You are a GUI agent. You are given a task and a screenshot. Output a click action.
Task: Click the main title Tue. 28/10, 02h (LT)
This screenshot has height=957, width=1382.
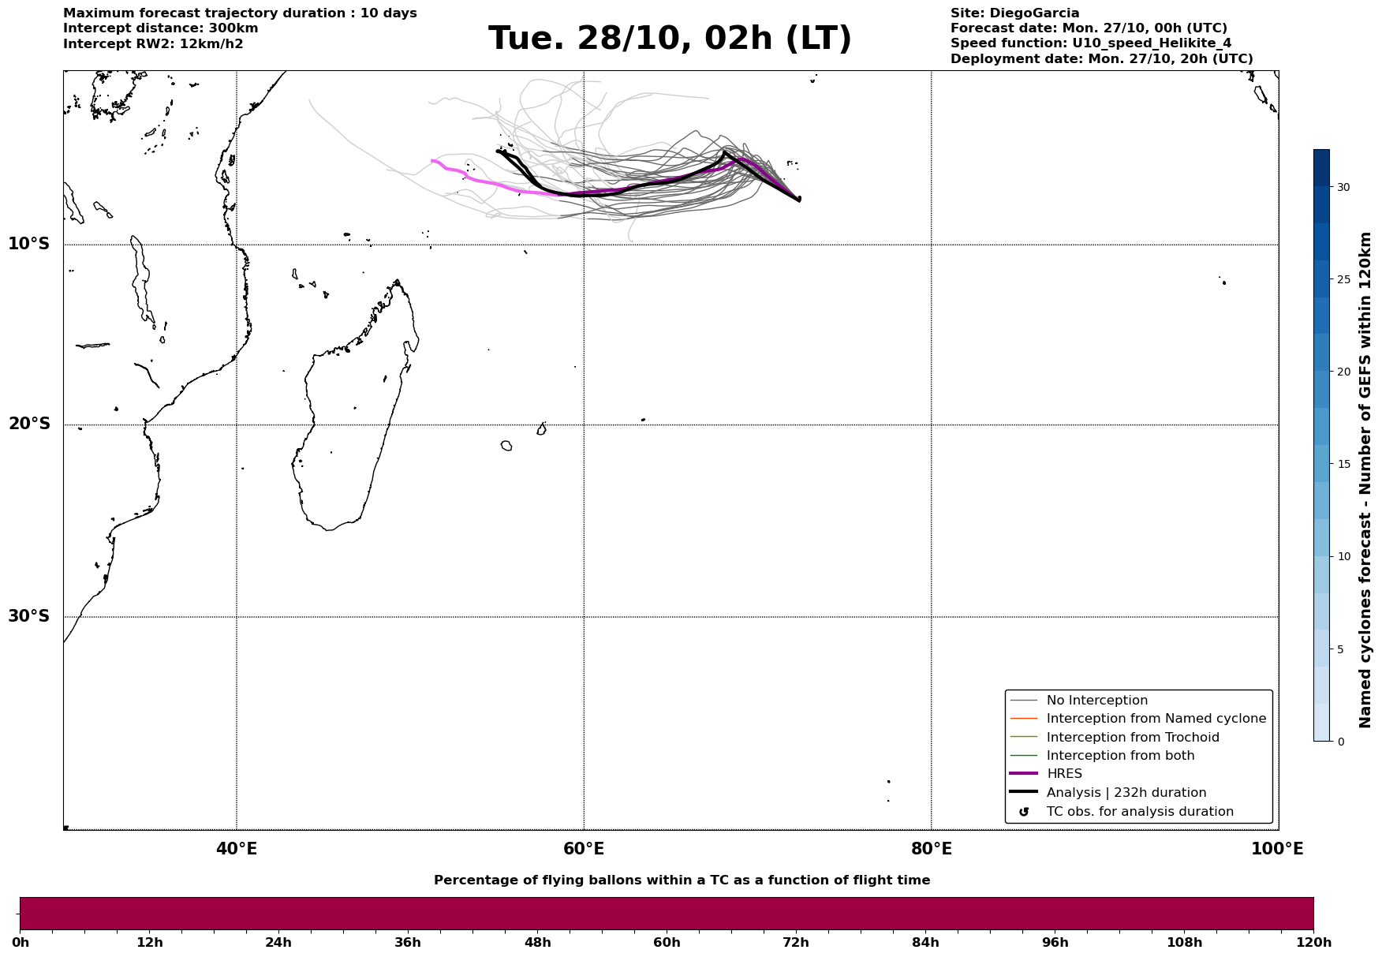670,39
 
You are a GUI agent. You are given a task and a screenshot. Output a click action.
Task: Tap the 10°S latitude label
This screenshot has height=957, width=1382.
29,244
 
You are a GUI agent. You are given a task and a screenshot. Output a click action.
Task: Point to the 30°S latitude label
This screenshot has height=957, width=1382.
29,616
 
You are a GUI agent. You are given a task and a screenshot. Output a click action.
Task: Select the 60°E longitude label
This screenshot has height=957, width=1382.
584,850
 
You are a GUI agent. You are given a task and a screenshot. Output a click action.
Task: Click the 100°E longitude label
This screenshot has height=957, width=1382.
1277,850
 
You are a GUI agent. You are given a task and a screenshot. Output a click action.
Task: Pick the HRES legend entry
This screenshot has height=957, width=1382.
1064,774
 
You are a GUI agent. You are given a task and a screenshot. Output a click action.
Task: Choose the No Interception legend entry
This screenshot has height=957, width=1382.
1096,701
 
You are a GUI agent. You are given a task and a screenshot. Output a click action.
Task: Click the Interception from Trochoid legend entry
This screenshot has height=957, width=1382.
1132,738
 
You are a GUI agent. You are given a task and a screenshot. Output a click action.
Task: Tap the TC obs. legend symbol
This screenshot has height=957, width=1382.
1024,812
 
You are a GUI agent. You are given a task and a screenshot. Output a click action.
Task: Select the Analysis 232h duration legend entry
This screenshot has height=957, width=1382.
1126,793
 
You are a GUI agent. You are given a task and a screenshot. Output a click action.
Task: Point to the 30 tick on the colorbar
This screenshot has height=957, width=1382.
1343,188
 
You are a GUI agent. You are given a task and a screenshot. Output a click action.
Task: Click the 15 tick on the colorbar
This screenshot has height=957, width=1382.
1343,464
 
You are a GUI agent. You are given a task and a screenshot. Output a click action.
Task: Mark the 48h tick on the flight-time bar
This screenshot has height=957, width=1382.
538,943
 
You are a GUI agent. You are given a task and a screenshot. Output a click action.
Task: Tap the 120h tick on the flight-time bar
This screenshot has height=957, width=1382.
1313,943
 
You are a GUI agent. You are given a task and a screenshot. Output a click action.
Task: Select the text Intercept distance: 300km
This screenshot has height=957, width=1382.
160,28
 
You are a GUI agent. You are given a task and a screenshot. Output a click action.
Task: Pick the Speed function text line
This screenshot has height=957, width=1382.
1090,43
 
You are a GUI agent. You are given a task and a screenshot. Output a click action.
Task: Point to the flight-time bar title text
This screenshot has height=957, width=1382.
682,880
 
